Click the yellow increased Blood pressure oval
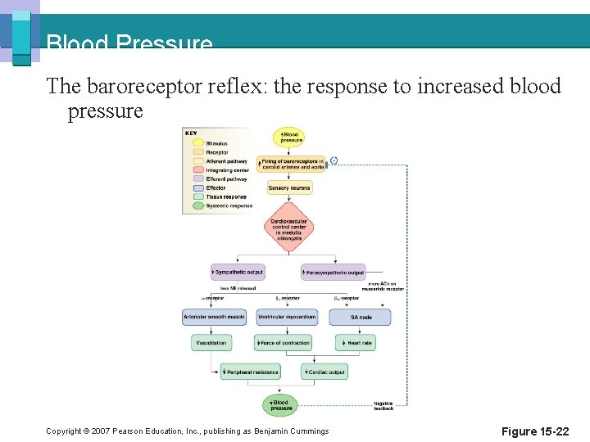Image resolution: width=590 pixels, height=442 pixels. [x=290, y=137]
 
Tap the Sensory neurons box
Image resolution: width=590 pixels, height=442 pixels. [x=289, y=188]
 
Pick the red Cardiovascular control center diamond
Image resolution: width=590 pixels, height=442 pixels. [x=288, y=228]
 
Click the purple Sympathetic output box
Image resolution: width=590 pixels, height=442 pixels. [x=237, y=271]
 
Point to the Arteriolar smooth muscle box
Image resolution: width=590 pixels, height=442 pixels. [x=214, y=317]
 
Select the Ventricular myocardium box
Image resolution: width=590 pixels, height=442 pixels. [x=286, y=317]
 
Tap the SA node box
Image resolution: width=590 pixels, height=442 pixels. [x=361, y=317]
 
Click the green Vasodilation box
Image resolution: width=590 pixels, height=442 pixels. [x=211, y=343]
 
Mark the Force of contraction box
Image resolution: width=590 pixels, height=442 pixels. [x=283, y=343]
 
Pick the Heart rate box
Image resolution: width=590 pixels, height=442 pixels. [x=355, y=343]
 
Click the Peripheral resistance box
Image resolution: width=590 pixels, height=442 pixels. [x=251, y=372]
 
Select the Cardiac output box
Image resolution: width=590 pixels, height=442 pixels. [x=324, y=372]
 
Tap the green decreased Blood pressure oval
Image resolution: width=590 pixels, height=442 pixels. [x=279, y=404]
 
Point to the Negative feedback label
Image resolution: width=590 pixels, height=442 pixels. [x=383, y=405]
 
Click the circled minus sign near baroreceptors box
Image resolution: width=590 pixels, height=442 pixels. [x=334, y=160]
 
